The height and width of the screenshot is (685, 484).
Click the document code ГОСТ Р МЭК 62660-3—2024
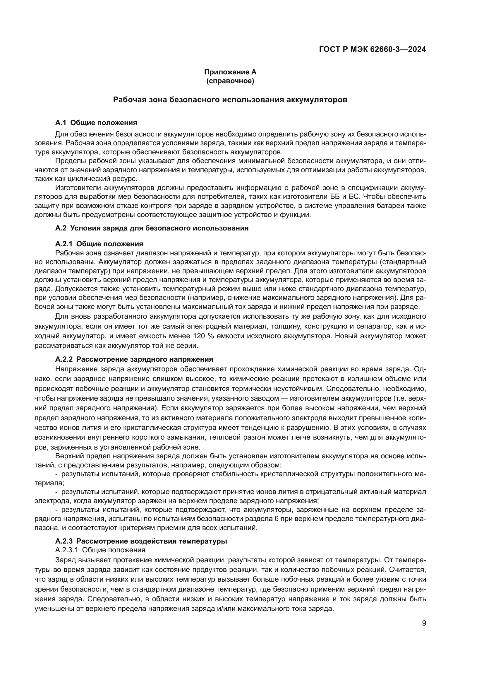372,49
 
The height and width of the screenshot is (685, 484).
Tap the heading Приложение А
230,72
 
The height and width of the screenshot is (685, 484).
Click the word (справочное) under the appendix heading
230,81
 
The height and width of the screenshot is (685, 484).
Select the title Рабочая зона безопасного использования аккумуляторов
230,100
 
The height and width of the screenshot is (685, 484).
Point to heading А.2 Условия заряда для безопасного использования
152,228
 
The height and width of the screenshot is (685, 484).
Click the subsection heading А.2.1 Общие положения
99,244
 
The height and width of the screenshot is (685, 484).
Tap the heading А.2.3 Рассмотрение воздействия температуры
141,533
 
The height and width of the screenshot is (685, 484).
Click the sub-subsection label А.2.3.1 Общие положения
100,541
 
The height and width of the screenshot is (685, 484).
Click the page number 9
424,623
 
